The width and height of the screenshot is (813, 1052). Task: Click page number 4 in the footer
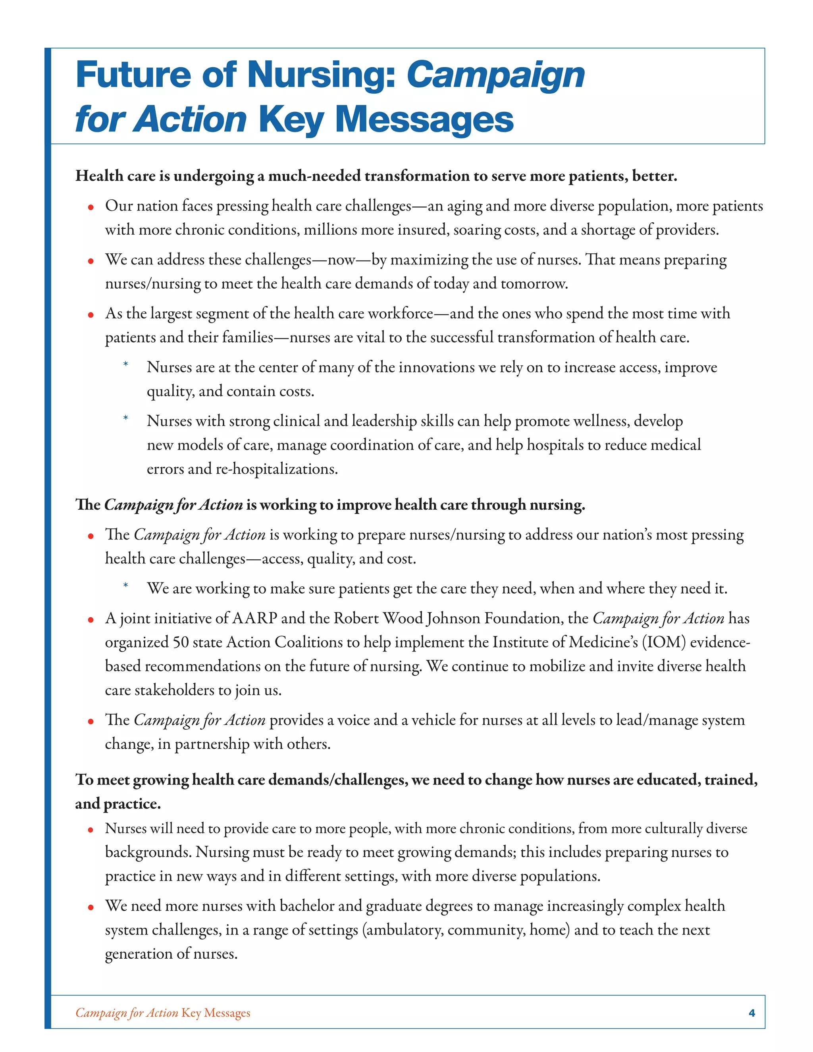tap(752, 1013)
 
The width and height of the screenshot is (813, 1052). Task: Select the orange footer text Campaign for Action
tap(127, 1013)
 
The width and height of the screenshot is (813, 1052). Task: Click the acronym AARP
tap(254, 618)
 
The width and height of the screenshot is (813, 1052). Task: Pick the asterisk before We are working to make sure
tap(126, 586)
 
